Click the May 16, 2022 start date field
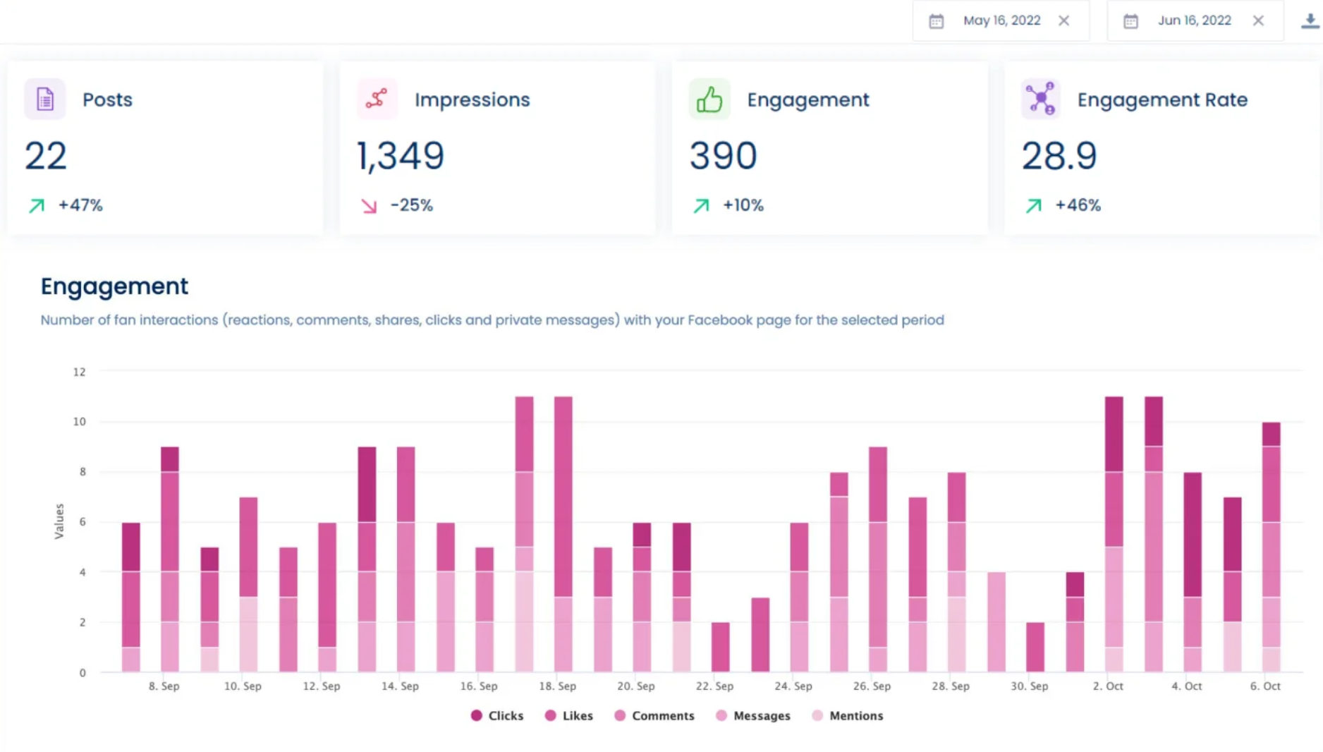click(x=1001, y=20)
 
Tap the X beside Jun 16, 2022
click(x=1258, y=20)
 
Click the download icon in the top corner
click(x=1310, y=20)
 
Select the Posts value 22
click(x=46, y=156)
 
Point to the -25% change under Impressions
click(x=411, y=205)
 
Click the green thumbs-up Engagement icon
click(x=709, y=99)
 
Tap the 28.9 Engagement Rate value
click(x=1059, y=156)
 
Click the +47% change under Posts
click(x=80, y=205)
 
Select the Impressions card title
click(x=472, y=99)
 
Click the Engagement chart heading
click(x=114, y=286)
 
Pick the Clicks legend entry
click(x=497, y=715)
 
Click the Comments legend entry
click(x=654, y=715)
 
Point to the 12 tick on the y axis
click(x=79, y=372)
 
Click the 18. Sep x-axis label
click(x=557, y=686)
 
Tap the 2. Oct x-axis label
click(x=1107, y=686)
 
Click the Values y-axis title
click(x=59, y=521)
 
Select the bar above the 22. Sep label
click(x=720, y=647)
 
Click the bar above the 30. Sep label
click(x=1035, y=647)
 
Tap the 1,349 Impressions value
click(x=401, y=156)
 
